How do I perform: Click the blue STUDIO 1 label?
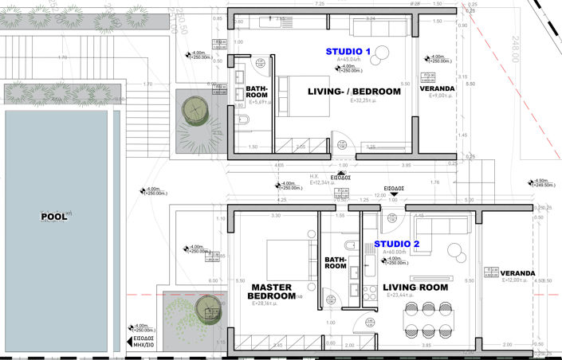pyautogui.click(x=348, y=51)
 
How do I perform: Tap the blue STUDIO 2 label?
pyautogui.click(x=397, y=243)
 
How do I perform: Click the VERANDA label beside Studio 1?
pyautogui.click(x=438, y=88)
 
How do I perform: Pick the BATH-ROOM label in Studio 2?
pyautogui.click(x=336, y=262)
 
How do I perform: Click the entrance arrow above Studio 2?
pyautogui.click(x=391, y=199)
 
